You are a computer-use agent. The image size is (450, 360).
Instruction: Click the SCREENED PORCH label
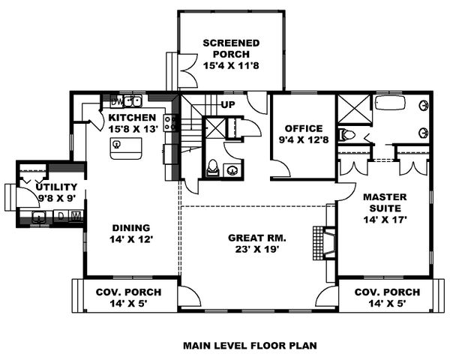click(x=231, y=43)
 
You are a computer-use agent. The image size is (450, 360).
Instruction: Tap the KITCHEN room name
click(x=132, y=118)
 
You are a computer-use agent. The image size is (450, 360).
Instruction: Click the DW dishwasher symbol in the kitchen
click(x=117, y=101)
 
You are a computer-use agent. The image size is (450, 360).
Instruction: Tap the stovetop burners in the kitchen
click(x=169, y=122)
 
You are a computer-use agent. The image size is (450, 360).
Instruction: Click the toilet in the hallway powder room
click(x=212, y=168)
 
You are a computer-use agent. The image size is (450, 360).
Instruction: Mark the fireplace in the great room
click(x=325, y=238)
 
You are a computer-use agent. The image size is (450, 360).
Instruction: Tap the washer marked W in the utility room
click(x=76, y=217)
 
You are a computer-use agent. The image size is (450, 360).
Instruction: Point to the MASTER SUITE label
click(x=384, y=202)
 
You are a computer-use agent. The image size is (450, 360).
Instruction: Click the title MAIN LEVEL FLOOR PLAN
click(x=250, y=346)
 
